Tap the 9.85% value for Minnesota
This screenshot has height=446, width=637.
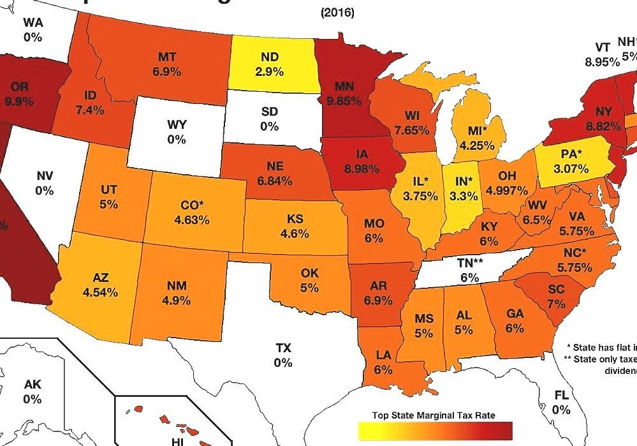click(344, 100)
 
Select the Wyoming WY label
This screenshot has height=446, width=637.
click(177, 125)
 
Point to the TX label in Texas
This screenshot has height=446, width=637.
click(283, 348)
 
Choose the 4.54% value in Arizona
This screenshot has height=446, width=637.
click(100, 292)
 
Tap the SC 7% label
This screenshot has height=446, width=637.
click(556, 295)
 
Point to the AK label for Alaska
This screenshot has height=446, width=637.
click(33, 385)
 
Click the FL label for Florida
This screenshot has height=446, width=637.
click(561, 396)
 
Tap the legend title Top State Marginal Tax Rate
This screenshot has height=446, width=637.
click(434, 415)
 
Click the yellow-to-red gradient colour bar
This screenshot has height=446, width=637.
click(436, 431)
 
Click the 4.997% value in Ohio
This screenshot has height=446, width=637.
click(506, 190)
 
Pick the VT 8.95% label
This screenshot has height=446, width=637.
click(603, 55)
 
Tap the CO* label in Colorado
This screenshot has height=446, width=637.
click(192, 206)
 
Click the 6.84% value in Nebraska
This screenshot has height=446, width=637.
click(275, 181)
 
